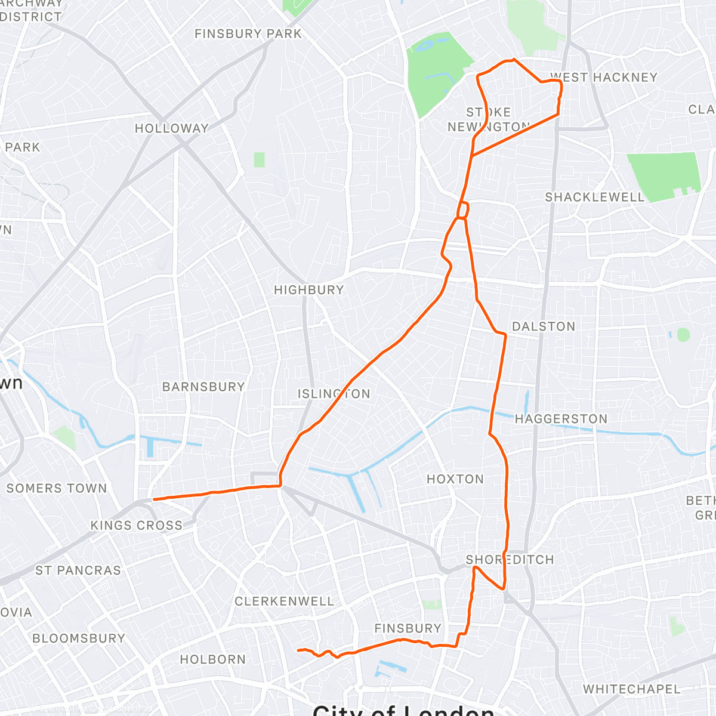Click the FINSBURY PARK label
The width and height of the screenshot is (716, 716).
point(248,34)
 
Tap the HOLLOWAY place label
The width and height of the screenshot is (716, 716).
point(172,128)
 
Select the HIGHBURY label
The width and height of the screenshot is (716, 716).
point(309,290)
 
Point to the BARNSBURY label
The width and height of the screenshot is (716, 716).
point(204,387)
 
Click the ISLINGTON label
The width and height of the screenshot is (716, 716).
point(334,394)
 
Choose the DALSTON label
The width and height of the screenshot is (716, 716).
point(544,326)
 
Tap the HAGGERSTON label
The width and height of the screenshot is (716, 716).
point(561,419)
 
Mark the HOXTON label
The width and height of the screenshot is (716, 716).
point(455,479)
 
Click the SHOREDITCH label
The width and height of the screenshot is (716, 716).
point(510,560)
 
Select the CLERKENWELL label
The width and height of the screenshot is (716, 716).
point(284,601)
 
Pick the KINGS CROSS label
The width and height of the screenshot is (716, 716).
point(136,526)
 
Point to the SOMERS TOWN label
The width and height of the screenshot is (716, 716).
point(57,488)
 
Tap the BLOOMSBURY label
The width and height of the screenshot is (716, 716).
point(79,638)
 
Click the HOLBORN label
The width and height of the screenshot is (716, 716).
point(213,659)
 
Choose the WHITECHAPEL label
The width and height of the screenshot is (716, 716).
point(631,689)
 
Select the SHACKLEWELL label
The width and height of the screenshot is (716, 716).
point(595,197)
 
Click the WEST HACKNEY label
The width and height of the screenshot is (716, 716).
point(603,78)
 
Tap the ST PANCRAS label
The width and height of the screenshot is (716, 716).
point(78,570)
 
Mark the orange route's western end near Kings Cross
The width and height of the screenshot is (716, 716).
point(154,499)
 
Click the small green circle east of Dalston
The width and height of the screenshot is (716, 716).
point(683,335)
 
